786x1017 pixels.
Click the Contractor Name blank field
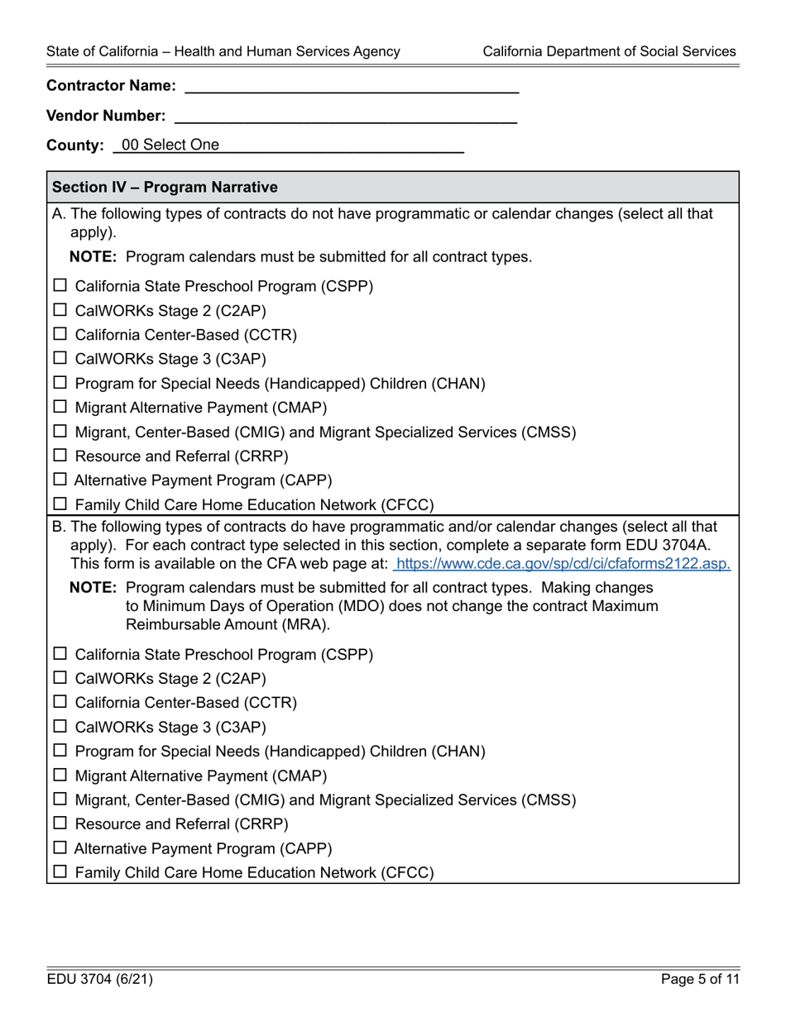[351, 85]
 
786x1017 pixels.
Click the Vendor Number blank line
[345, 116]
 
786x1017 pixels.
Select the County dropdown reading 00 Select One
[289, 146]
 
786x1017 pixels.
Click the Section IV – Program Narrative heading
[165, 187]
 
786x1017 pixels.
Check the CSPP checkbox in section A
[60, 286]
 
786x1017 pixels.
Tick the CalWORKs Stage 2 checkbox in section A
[60, 311]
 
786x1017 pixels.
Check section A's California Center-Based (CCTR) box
[60, 335]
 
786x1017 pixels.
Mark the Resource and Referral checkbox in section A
[60, 456]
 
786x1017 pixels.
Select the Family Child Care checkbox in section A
[60, 504]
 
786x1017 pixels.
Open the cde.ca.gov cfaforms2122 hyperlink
[563, 564]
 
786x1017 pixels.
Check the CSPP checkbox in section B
[60, 654]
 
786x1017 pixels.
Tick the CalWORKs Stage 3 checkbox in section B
[60, 727]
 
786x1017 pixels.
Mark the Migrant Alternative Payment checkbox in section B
[60, 776]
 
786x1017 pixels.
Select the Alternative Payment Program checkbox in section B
[60, 847]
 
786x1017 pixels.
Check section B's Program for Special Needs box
[60, 752]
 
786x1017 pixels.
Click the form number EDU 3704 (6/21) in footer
[99, 980]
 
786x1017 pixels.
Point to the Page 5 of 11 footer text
[698, 980]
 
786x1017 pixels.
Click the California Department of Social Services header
[609, 51]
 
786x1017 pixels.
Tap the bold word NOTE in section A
[95, 257]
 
